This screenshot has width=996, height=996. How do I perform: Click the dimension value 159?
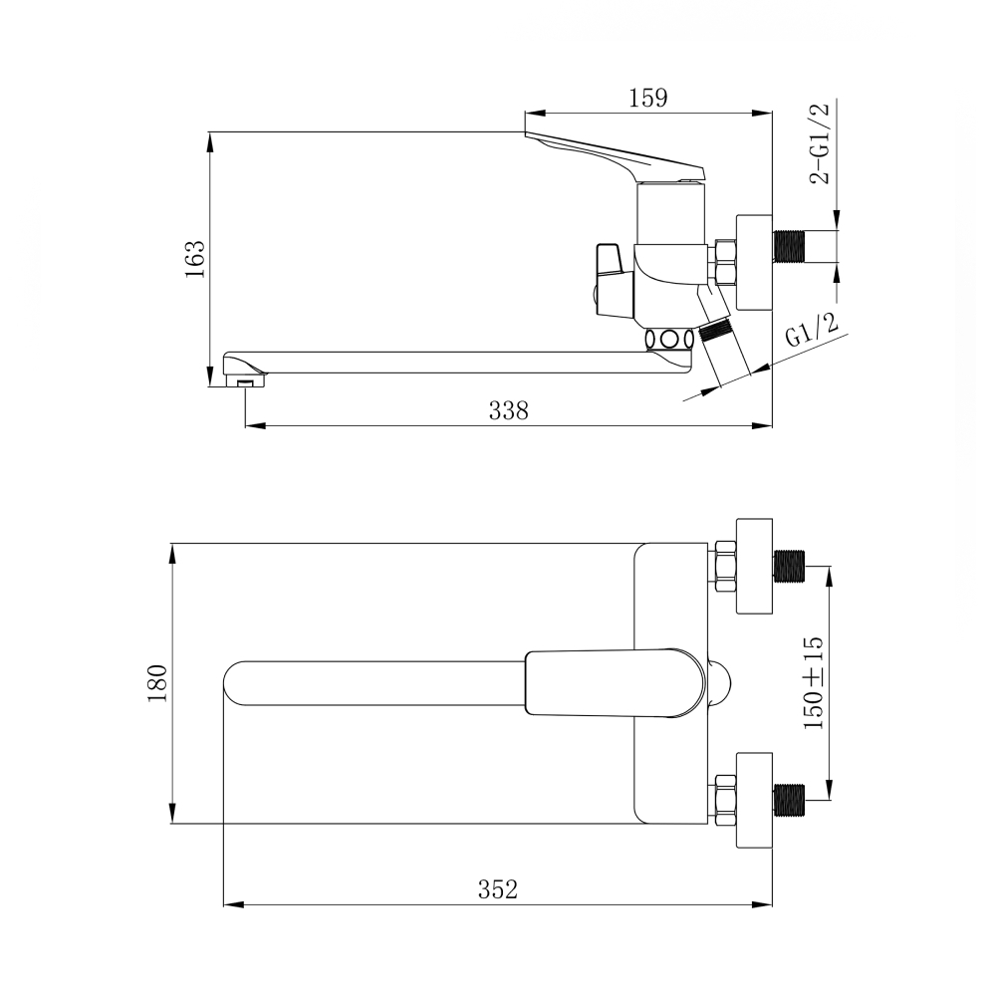648,99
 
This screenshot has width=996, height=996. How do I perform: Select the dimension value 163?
195,259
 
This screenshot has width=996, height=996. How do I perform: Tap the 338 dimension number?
508,411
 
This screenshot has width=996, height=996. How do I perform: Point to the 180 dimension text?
157,683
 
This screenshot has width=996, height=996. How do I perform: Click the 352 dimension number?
498,889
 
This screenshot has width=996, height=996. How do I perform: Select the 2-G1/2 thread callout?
820,142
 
